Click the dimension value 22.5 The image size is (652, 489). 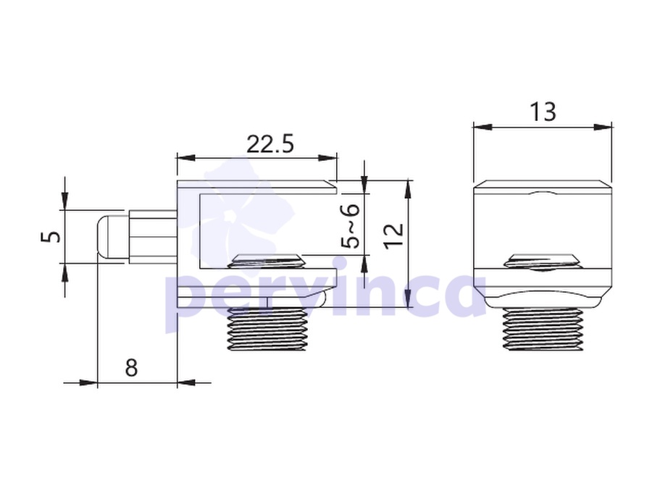coord(270,144)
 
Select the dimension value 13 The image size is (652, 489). coord(543,112)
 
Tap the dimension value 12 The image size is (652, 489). coord(394,236)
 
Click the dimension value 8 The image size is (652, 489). coord(131,367)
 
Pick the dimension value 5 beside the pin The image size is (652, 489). coord(51,237)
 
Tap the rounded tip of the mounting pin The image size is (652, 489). coord(104,237)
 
